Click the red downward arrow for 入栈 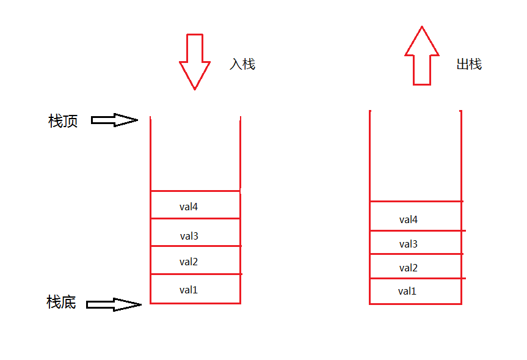point(195,62)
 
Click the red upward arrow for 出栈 point(422,56)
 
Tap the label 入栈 point(242,64)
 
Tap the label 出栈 point(469,64)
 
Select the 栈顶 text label point(63,121)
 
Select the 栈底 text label point(61,302)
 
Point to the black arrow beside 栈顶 point(114,120)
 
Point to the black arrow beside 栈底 point(114,304)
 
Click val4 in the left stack point(189,207)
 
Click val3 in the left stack point(189,236)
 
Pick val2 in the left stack point(189,262)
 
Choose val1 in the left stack point(189,290)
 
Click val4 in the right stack point(409,219)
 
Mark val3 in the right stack point(409,244)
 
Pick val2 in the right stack point(409,268)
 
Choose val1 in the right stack point(407,291)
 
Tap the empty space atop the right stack point(415,156)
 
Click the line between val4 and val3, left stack point(195,218)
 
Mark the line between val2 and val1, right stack point(418,278)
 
